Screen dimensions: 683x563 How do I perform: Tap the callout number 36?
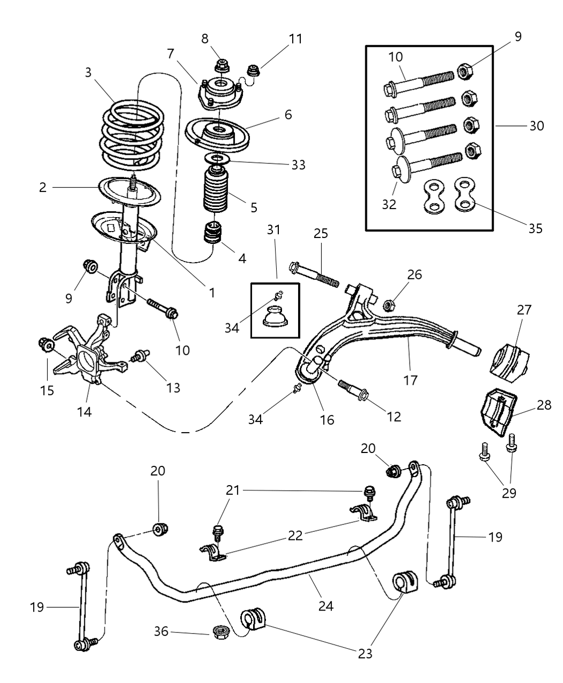[162, 632]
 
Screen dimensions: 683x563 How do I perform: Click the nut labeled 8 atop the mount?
[221, 67]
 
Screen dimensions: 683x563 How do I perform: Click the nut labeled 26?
[390, 305]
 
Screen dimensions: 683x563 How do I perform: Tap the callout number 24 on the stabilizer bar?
[325, 606]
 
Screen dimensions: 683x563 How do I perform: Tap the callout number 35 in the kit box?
[535, 228]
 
